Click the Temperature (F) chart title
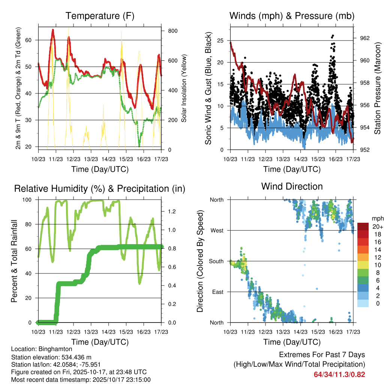click(x=100, y=16)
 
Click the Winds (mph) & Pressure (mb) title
click(x=292, y=16)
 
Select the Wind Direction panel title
click(x=292, y=186)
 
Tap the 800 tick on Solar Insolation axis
click(x=172, y=31)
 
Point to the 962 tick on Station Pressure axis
click(x=364, y=38)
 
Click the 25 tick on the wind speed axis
click(x=220, y=40)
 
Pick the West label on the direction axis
click(x=216, y=230)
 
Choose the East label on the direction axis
click(x=217, y=292)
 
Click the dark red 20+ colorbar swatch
click(x=363, y=226)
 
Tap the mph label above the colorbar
click(x=377, y=218)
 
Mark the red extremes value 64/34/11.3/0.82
click(x=339, y=374)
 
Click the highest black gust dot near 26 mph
click(x=333, y=36)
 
